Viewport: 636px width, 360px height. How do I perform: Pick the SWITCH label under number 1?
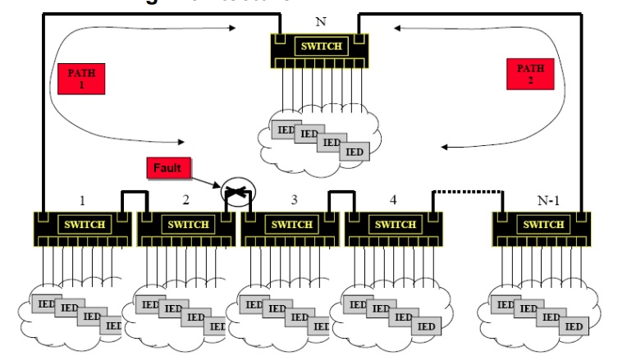[x=82, y=224]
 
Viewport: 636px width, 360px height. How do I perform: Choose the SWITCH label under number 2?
[x=187, y=224]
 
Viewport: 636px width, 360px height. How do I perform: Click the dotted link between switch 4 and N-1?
[x=467, y=192]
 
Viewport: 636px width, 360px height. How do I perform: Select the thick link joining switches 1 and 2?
[x=135, y=192]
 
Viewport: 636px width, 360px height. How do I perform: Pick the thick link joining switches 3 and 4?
[x=343, y=192]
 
